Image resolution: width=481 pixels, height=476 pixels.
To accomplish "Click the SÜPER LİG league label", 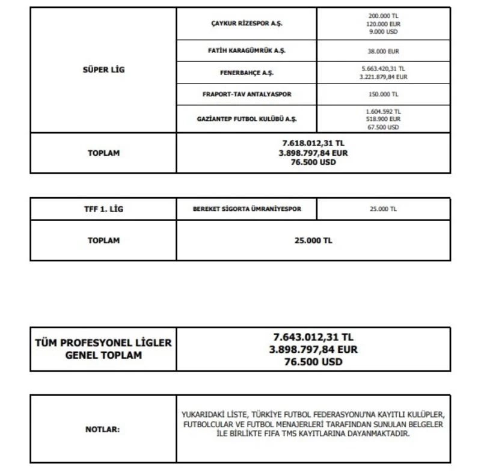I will [103, 70].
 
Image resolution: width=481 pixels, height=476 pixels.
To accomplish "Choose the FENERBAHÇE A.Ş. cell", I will [247, 73].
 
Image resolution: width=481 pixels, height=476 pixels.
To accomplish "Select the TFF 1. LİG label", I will [103, 209].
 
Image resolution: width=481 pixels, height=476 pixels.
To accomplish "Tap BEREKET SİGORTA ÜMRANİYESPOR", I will [246, 209].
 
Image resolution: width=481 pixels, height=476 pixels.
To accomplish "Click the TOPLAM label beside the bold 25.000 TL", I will [103, 240].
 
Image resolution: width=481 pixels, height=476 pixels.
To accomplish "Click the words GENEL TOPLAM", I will [103, 355].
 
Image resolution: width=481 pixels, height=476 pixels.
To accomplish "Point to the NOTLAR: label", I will [103, 430].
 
